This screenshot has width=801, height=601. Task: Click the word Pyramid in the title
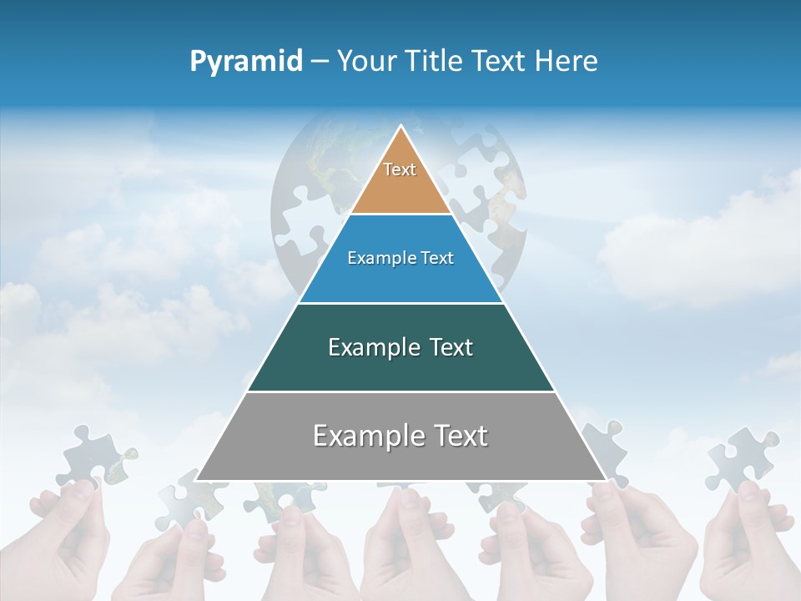(x=246, y=62)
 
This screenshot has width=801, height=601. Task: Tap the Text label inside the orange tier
(x=400, y=169)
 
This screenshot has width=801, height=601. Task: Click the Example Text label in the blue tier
(x=400, y=258)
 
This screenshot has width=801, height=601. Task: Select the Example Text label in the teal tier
(x=400, y=347)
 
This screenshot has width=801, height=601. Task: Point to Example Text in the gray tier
(x=400, y=436)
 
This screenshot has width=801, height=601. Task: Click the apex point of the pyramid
(x=401, y=126)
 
